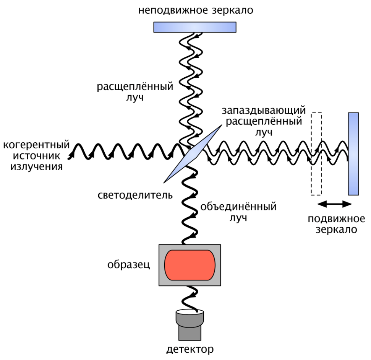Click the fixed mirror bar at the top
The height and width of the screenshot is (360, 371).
click(x=194, y=26)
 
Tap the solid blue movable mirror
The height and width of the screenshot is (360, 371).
click(x=353, y=153)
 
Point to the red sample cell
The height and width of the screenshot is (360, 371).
click(x=190, y=265)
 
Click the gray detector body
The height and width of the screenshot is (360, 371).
click(x=190, y=330)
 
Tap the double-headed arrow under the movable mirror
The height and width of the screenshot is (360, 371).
click(x=335, y=204)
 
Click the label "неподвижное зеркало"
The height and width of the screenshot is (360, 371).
click(x=196, y=10)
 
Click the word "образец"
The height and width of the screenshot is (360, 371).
click(x=129, y=265)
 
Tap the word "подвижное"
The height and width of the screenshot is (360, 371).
click(x=336, y=219)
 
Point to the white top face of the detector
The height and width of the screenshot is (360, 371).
click(x=190, y=313)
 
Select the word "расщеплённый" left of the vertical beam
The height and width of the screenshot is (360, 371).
click(x=135, y=86)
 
